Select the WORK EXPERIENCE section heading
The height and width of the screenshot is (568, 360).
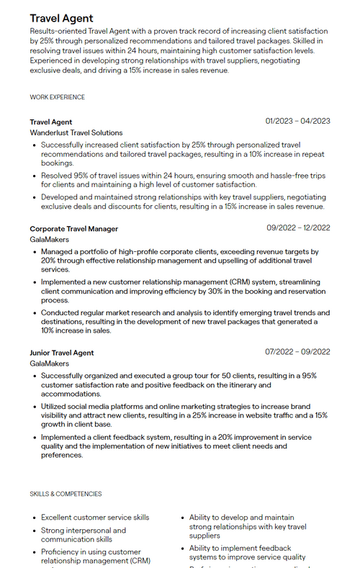click(57, 97)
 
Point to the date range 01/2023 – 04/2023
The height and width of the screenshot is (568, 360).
click(297, 121)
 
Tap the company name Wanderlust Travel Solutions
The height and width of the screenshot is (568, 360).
click(76, 132)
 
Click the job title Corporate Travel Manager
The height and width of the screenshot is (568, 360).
click(73, 229)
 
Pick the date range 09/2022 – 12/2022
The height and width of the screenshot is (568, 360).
click(298, 228)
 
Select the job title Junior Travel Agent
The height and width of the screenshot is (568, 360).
click(62, 353)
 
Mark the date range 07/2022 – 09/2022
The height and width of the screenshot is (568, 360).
click(298, 352)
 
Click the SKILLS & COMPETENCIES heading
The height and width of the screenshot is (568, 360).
click(66, 494)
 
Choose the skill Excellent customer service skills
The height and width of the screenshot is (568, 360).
click(95, 518)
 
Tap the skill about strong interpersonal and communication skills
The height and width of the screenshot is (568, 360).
click(83, 535)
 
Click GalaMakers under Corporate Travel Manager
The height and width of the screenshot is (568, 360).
click(50, 240)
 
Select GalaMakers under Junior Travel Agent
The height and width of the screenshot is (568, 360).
click(50, 364)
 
